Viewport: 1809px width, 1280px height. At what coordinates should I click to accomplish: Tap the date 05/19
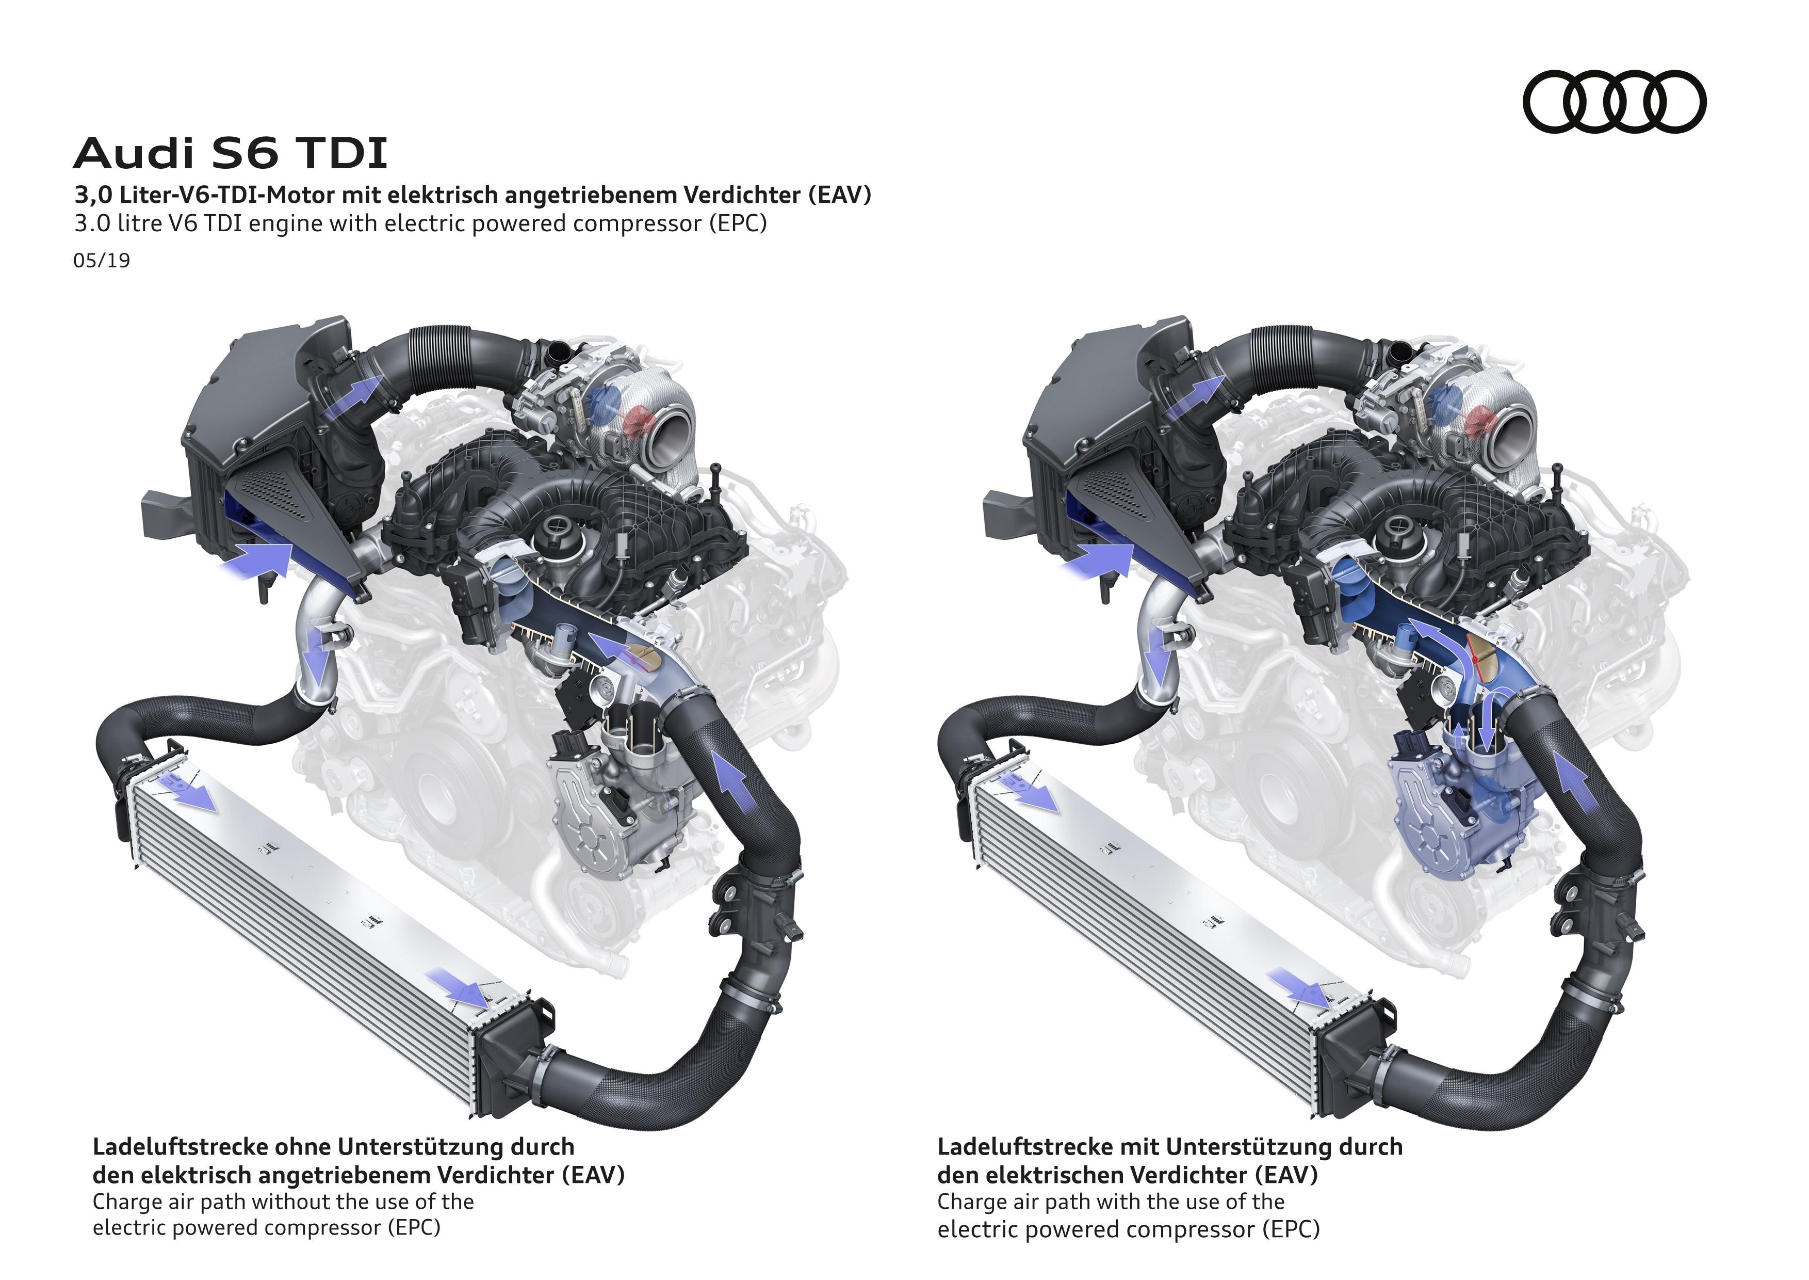pos(102,260)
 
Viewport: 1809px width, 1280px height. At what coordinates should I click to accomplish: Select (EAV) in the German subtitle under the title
pos(840,195)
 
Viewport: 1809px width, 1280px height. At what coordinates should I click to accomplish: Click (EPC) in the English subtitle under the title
pos(738,224)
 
